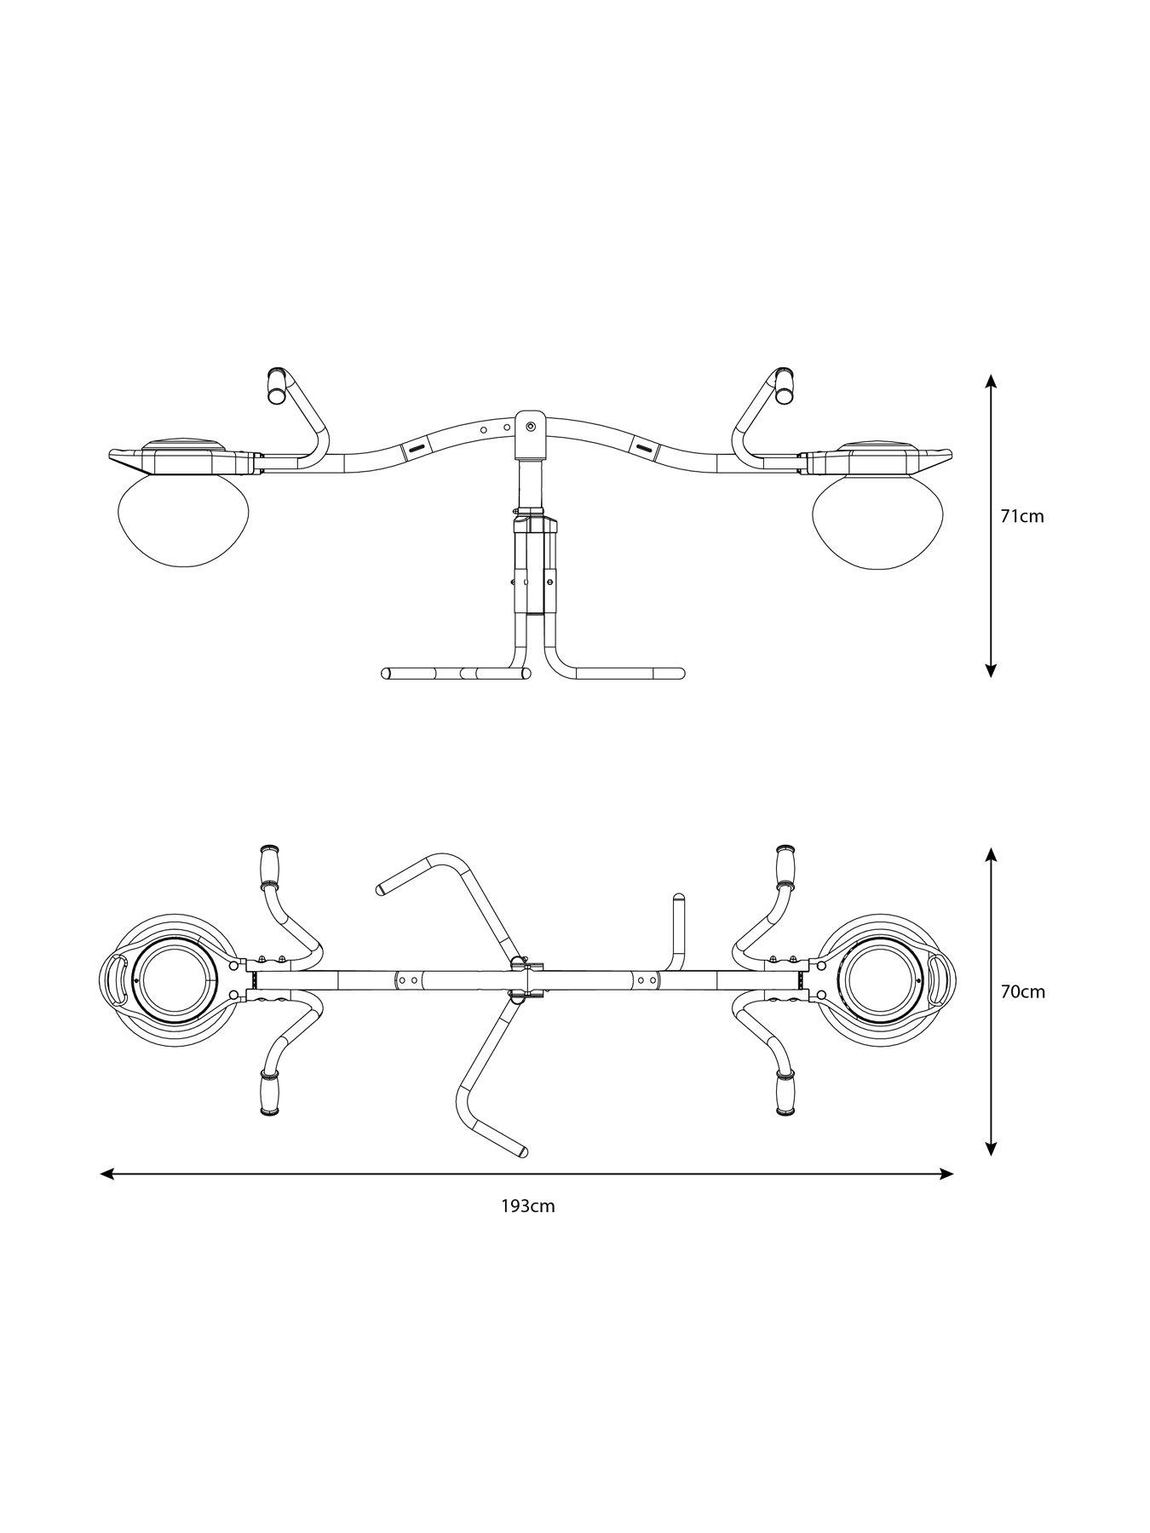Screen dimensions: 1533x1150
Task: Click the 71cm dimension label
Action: [1021, 515]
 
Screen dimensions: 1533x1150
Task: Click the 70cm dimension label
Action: [1022, 991]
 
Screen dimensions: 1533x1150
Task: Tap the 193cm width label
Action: [527, 1206]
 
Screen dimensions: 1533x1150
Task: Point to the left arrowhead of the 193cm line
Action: [106, 1174]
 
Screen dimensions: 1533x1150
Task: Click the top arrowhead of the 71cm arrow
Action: [990, 380]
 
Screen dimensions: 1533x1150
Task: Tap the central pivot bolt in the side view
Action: [532, 424]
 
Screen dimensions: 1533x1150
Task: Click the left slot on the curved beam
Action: [416, 447]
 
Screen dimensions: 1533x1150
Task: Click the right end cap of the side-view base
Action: [680, 673]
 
